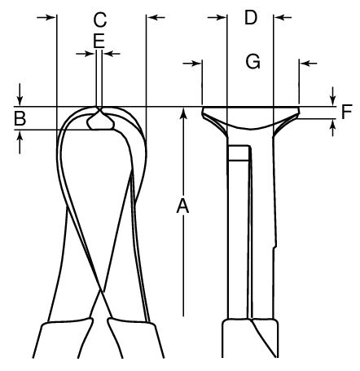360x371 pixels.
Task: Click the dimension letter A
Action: (x=182, y=205)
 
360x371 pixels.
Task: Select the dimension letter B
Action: (x=20, y=118)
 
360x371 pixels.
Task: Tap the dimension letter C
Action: (x=100, y=20)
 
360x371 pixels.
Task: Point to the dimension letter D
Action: (x=251, y=18)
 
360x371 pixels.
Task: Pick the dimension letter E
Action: (x=99, y=41)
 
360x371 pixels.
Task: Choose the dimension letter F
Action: (x=347, y=112)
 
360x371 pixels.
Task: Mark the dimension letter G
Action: (x=253, y=61)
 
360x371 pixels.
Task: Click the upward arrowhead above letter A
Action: (x=183, y=113)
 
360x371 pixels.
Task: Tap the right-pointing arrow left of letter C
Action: (x=46, y=17)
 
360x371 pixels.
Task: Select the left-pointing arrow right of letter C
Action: (x=156, y=17)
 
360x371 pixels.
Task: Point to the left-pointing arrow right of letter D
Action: (x=283, y=17)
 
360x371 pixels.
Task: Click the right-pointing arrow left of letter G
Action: (x=192, y=64)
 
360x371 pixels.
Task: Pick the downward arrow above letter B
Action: (x=20, y=95)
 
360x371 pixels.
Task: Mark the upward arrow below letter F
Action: (x=333, y=128)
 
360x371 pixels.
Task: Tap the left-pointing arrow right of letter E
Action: (x=112, y=54)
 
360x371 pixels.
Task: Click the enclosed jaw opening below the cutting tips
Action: (x=100, y=121)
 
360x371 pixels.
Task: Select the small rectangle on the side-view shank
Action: (x=239, y=153)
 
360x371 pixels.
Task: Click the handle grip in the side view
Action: (x=250, y=338)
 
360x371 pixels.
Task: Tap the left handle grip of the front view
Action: (x=64, y=339)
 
